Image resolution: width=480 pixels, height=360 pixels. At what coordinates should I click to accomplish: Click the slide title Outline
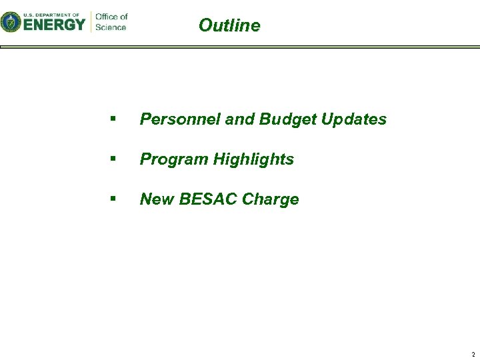click(x=229, y=25)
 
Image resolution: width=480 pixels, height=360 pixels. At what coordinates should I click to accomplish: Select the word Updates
click(x=354, y=119)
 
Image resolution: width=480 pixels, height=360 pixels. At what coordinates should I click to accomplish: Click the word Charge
click(x=271, y=199)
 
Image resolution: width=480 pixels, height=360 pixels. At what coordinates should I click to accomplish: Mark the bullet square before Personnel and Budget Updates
click(x=115, y=119)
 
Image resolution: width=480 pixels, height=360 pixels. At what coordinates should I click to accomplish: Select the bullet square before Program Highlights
click(x=115, y=159)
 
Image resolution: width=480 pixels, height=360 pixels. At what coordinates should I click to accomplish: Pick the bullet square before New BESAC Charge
click(x=115, y=199)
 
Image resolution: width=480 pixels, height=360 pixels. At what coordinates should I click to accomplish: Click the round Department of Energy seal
click(x=11, y=23)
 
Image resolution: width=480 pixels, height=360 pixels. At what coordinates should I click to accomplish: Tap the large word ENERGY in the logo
click(x=55, y=25)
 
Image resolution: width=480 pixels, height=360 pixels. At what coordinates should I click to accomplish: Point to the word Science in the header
click(x=110, y=27)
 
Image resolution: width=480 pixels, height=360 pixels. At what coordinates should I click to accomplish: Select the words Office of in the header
click(x=111, y=17)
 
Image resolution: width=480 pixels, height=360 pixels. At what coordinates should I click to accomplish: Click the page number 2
click(x=473, y=354)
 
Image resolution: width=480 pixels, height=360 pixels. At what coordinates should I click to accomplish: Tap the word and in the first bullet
click(x=240, y=119)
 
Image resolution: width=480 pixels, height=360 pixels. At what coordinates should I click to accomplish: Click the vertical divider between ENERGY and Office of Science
click(x=91, y=21)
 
